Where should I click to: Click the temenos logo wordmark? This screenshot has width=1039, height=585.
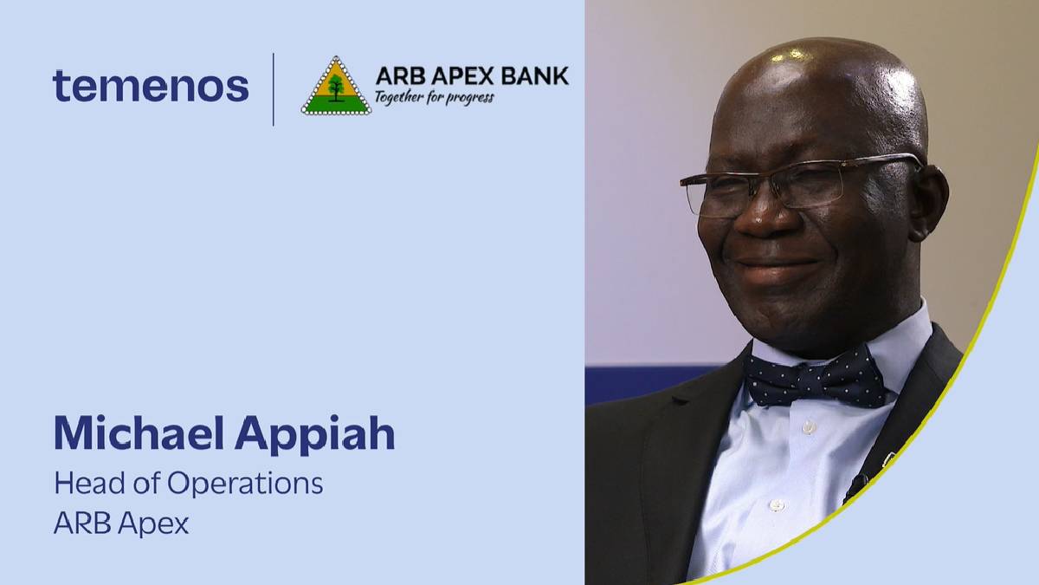click(x=151, y=87)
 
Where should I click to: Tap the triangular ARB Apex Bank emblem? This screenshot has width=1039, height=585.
click(x=336, y=87)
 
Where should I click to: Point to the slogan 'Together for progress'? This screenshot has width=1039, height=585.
click(x=434, y=96)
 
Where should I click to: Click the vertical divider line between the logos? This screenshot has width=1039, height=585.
click(x=274, y=88)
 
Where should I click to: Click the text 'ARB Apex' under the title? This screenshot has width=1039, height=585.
click(x=121, y=523)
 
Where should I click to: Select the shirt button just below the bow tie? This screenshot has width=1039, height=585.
click(x=808, y=427)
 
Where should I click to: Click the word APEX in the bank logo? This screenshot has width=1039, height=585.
click(x=467, y=76)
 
